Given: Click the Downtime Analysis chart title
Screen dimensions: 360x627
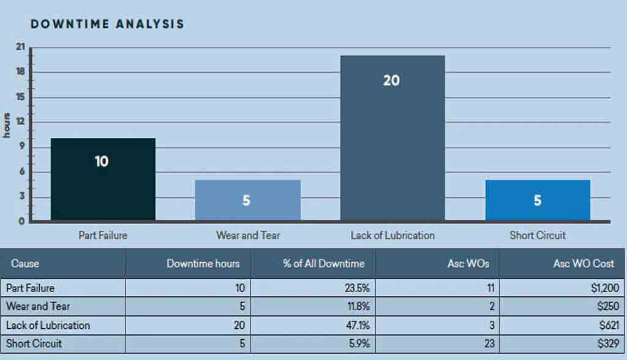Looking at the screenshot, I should [107, 24].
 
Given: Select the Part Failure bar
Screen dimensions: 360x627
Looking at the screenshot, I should [103, 179].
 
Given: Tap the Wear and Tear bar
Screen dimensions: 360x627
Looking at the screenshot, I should [247, 200].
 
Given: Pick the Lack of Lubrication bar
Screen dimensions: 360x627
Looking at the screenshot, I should [392, 138].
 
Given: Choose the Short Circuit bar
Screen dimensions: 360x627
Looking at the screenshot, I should [538, 200].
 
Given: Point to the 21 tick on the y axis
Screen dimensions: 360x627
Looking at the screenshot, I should [20, 47].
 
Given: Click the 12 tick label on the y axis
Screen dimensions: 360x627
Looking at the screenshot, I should [20, 121].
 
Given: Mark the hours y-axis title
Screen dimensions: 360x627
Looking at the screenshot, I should [7, 125].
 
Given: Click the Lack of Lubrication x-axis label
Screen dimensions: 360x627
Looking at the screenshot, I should [392, 235].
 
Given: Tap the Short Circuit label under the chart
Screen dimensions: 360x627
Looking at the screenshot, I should [538, 235].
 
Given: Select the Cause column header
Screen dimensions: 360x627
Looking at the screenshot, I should [25, 264].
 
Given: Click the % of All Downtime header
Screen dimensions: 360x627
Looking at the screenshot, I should [323, 264].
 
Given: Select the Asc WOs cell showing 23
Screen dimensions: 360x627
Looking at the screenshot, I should [489, 343].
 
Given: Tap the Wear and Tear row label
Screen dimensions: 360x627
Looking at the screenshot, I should [38, 306].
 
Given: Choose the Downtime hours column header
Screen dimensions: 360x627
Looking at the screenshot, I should [208, 264].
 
